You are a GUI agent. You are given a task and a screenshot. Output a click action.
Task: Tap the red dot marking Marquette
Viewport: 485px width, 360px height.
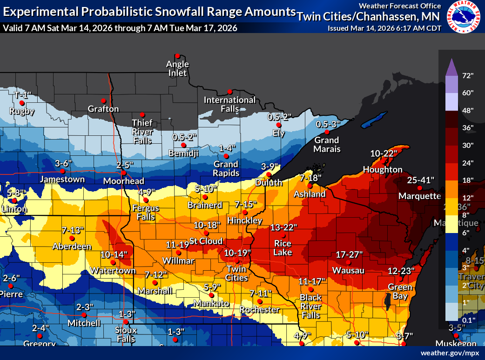click(419, 188)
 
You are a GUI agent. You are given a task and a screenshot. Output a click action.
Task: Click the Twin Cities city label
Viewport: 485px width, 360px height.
click(236, 273)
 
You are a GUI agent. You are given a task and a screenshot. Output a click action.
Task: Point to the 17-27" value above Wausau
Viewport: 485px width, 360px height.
click(349, 254)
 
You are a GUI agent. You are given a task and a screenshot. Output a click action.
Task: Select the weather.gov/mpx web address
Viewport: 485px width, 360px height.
click(450, 353)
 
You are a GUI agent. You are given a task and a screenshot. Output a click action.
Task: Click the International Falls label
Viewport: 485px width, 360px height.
click(229, 104)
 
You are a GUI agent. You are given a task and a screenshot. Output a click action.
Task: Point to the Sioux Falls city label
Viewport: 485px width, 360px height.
click(126, 334)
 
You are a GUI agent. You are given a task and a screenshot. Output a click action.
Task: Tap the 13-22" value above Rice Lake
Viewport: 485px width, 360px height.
click(284, 227)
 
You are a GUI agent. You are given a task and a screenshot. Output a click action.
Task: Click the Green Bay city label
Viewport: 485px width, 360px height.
click(397, 291)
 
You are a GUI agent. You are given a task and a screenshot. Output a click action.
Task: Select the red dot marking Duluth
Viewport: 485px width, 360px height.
click(269, 174)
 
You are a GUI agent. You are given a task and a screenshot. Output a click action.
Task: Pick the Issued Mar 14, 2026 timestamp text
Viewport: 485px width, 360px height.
click(384, 28)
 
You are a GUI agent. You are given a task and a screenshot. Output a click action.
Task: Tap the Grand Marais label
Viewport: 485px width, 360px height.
click(327, 144)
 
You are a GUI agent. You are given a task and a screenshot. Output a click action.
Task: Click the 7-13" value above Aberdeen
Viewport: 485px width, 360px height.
click(73, 230)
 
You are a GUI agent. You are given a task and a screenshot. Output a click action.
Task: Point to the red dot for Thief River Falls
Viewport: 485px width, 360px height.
click(142, 114)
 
